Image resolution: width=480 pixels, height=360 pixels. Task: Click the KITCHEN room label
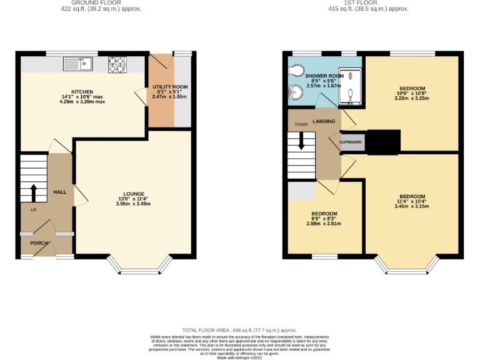82,91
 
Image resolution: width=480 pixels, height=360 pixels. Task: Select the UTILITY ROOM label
170,87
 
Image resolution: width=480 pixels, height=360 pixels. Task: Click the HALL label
59,192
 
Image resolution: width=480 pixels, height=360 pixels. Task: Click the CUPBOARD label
351,142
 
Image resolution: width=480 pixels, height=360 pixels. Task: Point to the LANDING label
324,121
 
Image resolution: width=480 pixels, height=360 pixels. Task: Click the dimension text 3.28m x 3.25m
411,98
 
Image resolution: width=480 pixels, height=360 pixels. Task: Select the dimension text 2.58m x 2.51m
324,223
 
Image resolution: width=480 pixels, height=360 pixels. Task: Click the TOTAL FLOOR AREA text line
239,330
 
